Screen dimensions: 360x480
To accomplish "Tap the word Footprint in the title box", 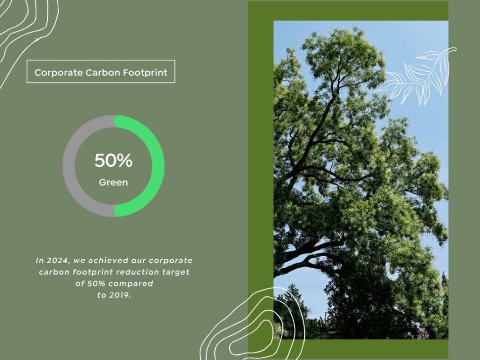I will click(x=146, y=73).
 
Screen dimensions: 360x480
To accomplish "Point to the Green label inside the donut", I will click(x=113, y=183).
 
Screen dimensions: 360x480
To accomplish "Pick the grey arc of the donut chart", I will click(x=69, y=165).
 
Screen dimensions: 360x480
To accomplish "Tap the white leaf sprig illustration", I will click(x=419, y=77).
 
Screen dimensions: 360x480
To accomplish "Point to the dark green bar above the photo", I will click(x=348, y=11).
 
